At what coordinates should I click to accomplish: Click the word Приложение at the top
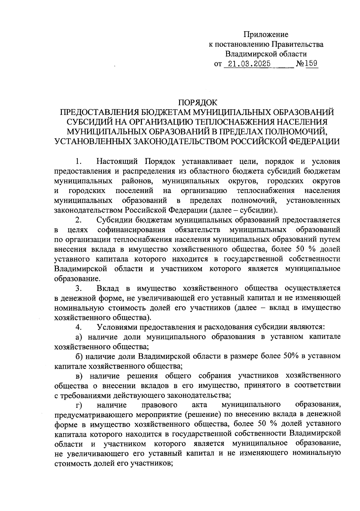coord(266,35)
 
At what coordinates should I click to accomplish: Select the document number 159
coord(312,64)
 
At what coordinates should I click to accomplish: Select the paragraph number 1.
coord(79,162)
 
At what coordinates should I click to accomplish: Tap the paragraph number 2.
coord(79,220)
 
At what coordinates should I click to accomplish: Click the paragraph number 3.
coord(79,288)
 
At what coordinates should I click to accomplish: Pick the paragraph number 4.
coord(79,327)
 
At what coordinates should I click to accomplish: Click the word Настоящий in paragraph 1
coord(117,162)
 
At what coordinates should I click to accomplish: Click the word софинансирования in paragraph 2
coord(132,230)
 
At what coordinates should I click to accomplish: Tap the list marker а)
coord(79,337)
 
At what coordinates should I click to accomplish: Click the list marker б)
coord(79,356)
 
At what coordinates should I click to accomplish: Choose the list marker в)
coord(79,376)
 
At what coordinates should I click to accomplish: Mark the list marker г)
coord(79,405)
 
